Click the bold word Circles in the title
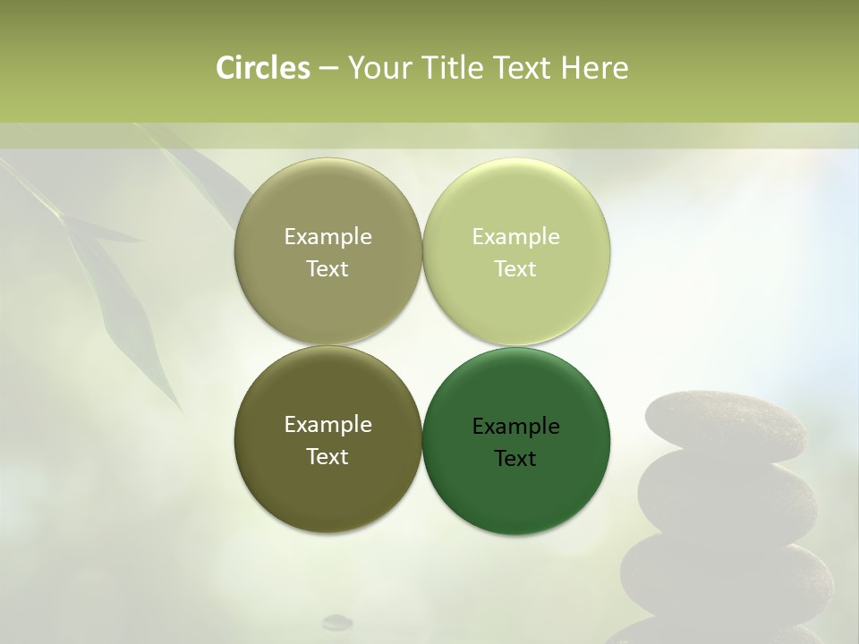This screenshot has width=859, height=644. point(262,68)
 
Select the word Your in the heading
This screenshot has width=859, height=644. point(374,68)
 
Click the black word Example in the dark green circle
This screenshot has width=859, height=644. point(515,427)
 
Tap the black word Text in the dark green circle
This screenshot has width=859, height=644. point(515,459)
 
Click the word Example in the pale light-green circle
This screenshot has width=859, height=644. point(515,237)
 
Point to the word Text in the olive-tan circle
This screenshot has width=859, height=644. point(327,269)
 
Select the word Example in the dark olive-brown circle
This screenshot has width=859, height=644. point(327,425)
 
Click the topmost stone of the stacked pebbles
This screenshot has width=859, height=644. point(724,425)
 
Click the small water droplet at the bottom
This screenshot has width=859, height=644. point(337,621)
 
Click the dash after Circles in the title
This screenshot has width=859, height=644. point(328,69)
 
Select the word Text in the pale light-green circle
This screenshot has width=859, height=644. point(515,269)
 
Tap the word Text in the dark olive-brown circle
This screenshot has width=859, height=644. point(327,457)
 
